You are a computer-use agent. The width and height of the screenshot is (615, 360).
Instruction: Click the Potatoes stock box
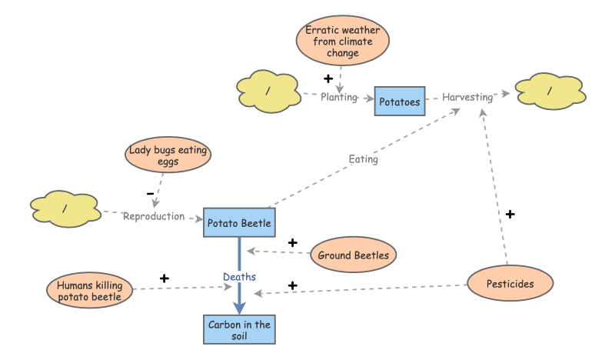[x=400, y=101]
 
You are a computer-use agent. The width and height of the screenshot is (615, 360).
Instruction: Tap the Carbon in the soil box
[x=239, y=330]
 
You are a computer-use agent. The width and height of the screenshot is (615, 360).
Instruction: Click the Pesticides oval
[x=510, y=284]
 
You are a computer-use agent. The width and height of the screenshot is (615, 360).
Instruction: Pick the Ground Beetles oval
[x=354, y=255]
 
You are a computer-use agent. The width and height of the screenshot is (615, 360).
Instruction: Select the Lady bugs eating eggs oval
[x=168, y=156]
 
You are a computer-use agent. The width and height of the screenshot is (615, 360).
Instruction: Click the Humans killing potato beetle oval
[x=90, y=292]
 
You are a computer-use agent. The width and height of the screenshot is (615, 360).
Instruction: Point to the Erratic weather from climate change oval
[x=343, y=42]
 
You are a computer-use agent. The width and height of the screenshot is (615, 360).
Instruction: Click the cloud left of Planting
[x=268, y=92]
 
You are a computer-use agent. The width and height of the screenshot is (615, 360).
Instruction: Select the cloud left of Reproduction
[x=65, y=208]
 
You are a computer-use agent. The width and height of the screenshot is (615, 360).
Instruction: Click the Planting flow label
[x=339, y=97]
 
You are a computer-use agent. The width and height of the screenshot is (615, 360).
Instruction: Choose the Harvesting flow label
[x=467, y=97]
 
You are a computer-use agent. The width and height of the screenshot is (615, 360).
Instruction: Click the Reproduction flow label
[x=154, y=216]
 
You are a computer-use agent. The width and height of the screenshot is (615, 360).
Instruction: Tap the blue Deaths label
[x=239, y=276]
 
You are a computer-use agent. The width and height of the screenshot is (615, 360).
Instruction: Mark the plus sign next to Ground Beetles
[x=292, y=243]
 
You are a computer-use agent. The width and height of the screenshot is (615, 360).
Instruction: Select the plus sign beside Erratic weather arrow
[x=328, y=78]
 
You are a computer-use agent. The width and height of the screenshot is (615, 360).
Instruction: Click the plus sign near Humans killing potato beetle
[x=164, y=277]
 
